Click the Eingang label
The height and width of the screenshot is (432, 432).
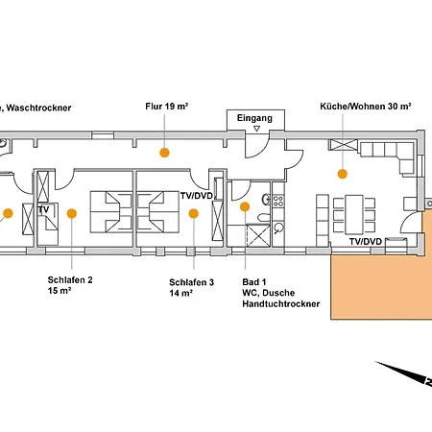(x=254, y=118)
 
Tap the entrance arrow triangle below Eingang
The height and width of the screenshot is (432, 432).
(x=256, y=129)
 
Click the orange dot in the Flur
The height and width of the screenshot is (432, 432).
(x=164, y=153)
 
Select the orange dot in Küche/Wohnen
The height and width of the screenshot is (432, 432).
(x=343, y=174)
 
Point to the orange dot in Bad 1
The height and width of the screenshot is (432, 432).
(x=245, y=206)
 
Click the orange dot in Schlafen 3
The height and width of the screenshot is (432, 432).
(x=194, y=213)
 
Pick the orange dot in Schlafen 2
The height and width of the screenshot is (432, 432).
(x=72, y=213)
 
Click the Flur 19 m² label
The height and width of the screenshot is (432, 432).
(x=166, y=107)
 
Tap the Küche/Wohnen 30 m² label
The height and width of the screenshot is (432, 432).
(x=366, y=107)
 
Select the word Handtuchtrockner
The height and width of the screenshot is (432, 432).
(x=281, y=303)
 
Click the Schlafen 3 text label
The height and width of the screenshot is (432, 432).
(x=191, y=282)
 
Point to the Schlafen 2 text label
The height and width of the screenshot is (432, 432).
(x=70, y=280)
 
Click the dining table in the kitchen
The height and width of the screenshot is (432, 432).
(x=354, y=214)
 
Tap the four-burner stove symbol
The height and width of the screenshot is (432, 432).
(x=278, y=201)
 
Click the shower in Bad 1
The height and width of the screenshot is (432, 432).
(x=258, y=235)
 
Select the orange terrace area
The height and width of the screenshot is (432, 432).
(x=381, y=281)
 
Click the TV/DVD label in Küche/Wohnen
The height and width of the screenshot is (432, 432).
(x=366, y=242)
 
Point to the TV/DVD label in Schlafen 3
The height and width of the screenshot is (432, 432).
(x=197, y=196)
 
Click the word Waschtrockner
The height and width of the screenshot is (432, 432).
(x=38, y=108)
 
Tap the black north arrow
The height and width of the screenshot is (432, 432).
(x=404, y=373)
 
